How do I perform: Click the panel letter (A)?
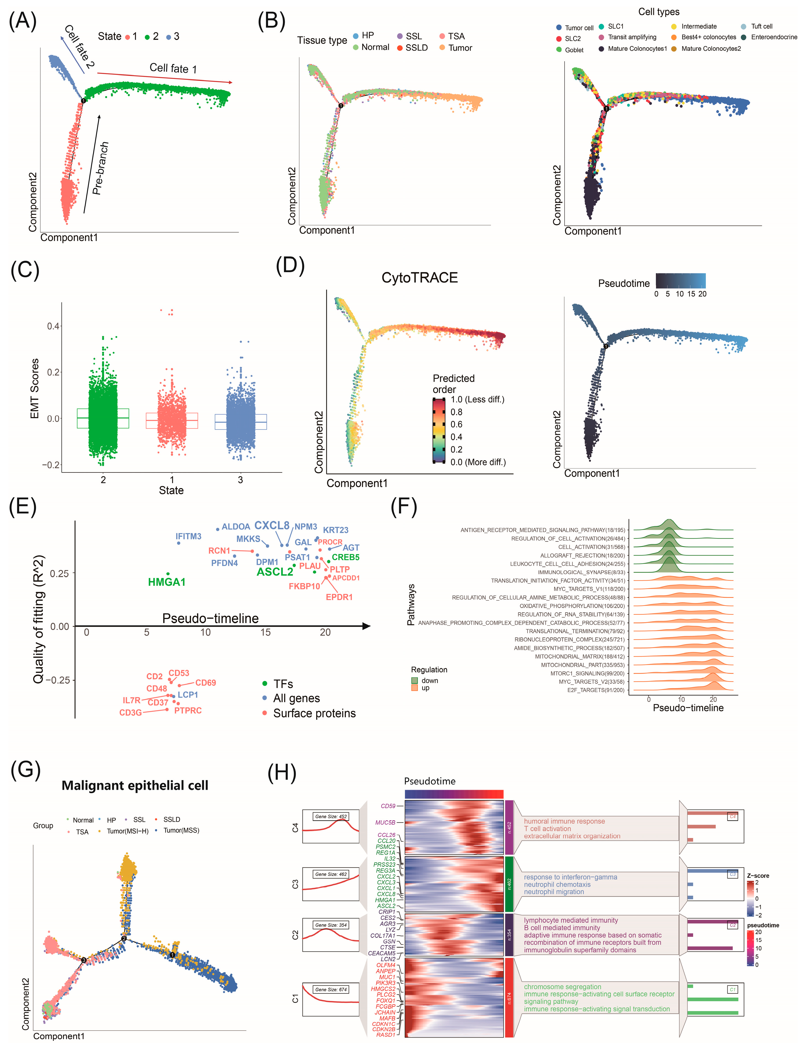tap(23, 22)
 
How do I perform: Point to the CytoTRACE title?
tap(419, 278)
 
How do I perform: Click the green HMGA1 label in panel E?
tap(167, 582)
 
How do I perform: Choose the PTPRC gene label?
tap(188, 711)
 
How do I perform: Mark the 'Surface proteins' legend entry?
tap(314, 713)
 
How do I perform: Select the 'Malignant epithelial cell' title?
tap(135, 785)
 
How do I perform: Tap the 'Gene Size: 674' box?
tap(331, 989)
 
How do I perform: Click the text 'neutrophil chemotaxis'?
tap(557, 884)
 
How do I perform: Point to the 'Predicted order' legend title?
tap(453, 384)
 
